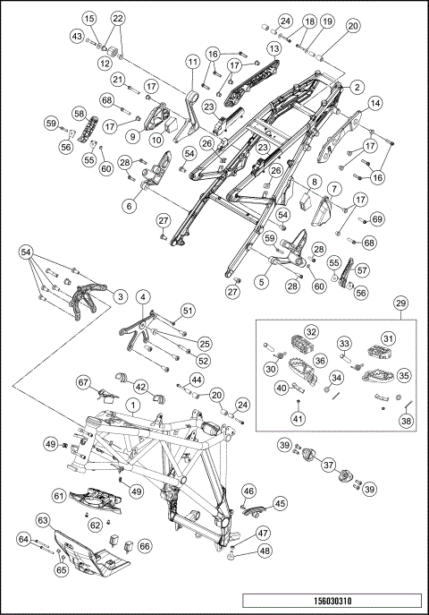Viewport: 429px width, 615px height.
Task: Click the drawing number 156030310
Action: tap(332, 601)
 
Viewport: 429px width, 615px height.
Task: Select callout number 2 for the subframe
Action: tap(357, 88)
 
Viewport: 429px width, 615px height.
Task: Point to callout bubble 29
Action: tap(401, 303)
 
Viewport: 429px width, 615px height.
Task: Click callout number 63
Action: tap(43, 520)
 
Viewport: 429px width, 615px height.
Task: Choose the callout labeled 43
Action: tap(76, 37)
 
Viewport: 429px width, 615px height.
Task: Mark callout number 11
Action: tap(192, 62)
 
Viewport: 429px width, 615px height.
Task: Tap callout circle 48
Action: tap(265, 551)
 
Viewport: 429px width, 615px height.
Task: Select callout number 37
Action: tap(328, 466)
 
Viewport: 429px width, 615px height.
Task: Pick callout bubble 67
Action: tap(84, 382)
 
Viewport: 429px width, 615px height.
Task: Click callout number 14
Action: tap(375, 104)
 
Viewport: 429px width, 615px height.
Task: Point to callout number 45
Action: tap(280, 503)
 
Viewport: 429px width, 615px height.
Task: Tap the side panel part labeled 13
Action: tap(252, 82)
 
